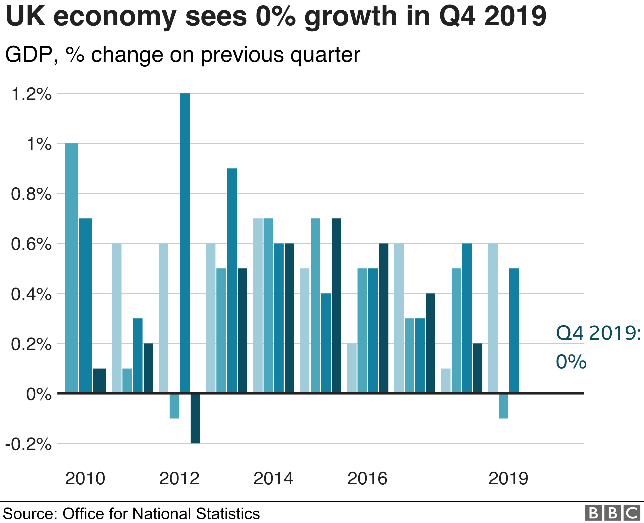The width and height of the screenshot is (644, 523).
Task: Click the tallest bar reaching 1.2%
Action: point(185,243)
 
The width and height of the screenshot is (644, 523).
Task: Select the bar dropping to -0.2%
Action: point(195,418)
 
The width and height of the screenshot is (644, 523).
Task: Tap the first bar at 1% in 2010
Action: point(72,268)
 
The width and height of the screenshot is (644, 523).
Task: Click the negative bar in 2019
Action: point(503,406)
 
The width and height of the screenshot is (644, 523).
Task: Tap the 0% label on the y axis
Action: point(39,394)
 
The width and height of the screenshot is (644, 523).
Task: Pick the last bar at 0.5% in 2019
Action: point(514,331)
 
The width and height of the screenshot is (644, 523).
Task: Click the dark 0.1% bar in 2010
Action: point(100,381)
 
